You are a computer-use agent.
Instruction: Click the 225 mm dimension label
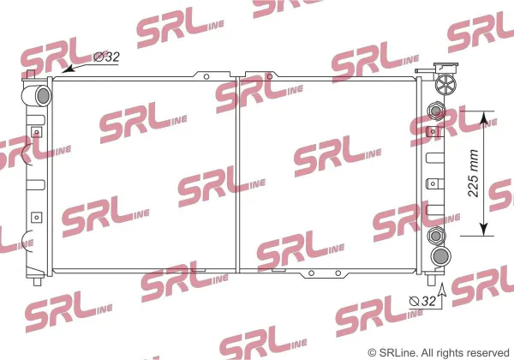coord(474,173)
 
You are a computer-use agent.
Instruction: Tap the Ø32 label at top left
coord(106,57)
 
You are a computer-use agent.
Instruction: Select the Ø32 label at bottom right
coord(423,301)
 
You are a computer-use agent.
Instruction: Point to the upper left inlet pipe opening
coord(44,95)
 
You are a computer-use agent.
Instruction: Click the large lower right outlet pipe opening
coord(441,256)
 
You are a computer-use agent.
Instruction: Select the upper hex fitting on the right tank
coord(436,111)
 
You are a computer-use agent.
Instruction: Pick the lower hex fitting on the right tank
coord(436,236)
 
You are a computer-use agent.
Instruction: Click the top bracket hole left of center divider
coord(206,77)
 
